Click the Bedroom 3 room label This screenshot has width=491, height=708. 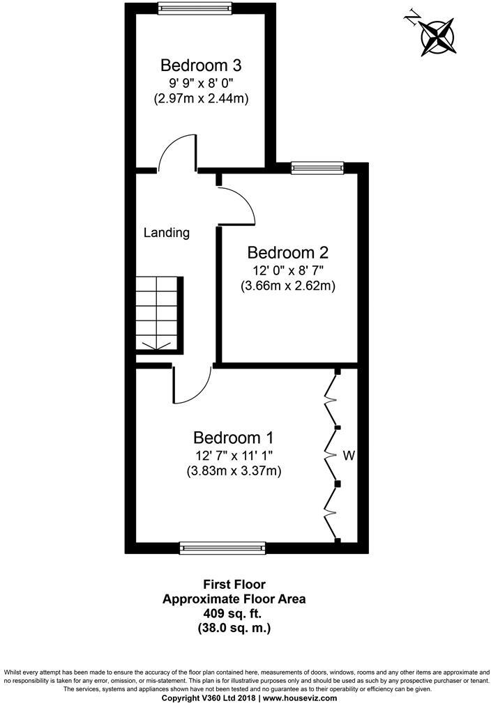coord(201,66)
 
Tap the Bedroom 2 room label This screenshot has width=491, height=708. coord(288,252)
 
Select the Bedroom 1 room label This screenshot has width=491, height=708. coord(233,438)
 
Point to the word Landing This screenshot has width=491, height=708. coord(167,233)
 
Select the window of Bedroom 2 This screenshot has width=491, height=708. coord(317,167)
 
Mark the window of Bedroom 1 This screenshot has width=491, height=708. coord(222,548)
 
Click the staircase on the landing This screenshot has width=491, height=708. coord(158,314)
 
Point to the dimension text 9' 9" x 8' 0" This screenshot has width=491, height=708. coord(201,84)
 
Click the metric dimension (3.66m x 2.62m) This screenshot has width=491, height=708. coord(288,285)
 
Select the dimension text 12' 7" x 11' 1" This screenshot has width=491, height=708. coord(233,456)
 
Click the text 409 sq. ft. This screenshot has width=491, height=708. coord(234,613)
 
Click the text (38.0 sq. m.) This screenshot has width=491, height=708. coord(234,628)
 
